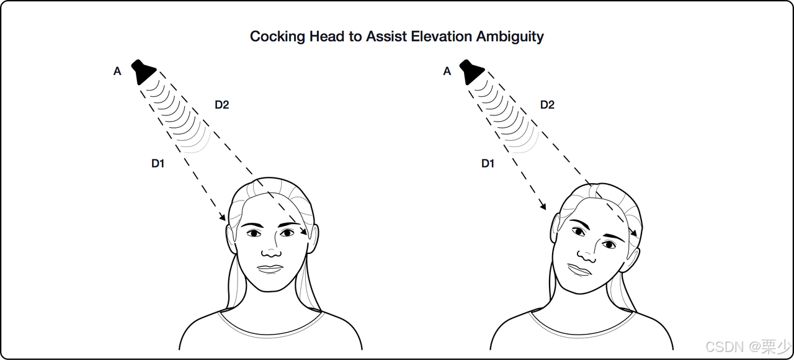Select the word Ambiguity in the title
click(510, 37)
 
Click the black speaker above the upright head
click(145, 71)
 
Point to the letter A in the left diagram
click(117, 71)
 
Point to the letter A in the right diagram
click(447, 71)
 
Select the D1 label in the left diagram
click(158, 164)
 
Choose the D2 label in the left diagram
click(221, 105)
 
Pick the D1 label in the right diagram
click(488, 164)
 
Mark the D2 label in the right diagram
click(547, 105)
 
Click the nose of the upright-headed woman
click(270, 251)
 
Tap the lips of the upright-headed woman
click(270, 269)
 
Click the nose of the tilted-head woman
click(586, 253)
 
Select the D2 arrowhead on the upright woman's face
click(305, 232)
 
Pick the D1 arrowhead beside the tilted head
click(544, 205)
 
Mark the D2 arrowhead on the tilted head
click(634, 232)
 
